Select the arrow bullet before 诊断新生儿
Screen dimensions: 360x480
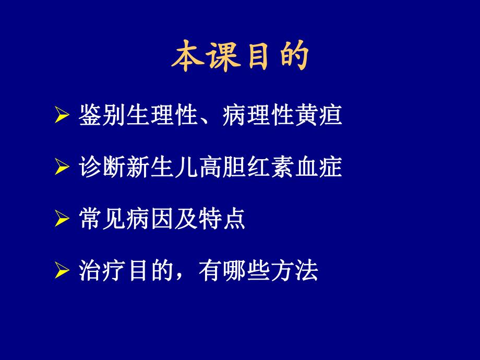[x=62, y=168]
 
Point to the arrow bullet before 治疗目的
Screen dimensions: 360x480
[x=62, y=272]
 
